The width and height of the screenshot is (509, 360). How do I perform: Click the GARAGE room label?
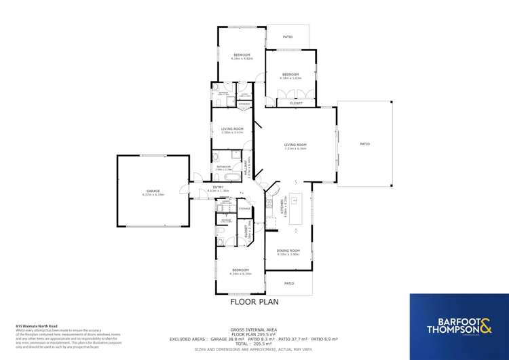(x=153, y=191)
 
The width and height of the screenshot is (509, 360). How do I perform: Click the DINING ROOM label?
(x=288, y=251)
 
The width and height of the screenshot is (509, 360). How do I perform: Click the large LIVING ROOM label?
(x=296, y=145)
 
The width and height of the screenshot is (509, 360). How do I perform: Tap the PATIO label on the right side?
(x=364, y=144)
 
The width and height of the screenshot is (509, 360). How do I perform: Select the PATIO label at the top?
(x=288, y=37)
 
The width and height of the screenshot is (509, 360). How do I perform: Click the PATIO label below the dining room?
(x=288, y=283)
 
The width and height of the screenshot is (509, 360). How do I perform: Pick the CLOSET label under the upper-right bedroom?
(x=295, y=103)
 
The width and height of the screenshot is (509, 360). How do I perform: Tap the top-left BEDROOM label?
(x=241, y=54)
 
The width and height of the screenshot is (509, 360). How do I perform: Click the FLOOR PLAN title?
(x=254, y=302)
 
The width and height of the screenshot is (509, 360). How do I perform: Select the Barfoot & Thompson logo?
(x=459, y=326)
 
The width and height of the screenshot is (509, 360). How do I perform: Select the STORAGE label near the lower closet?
(x=245, y=208)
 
